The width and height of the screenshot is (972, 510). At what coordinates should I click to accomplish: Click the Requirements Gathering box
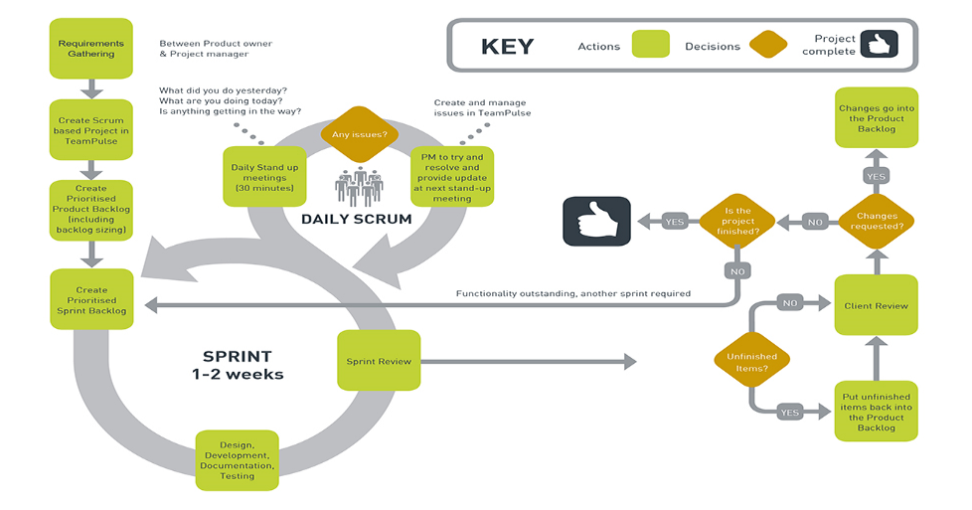tap(90, 49)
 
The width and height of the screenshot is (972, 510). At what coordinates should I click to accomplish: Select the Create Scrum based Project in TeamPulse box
tap(90, 128)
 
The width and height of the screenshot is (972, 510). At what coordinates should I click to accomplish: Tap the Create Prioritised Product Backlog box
tap(90, 209)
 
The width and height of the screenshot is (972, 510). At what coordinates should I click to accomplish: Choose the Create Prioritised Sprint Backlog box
tap(90, 299)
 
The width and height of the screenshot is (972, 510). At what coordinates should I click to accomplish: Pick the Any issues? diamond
tap(359, 132)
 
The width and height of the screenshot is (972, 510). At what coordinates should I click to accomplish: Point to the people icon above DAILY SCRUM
tap(359, 187)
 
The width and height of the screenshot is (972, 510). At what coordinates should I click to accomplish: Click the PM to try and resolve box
tap(453, 177)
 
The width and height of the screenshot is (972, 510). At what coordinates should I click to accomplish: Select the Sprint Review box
tap(379, 362)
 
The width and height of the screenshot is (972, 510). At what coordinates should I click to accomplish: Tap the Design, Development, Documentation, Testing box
tap(238, 460)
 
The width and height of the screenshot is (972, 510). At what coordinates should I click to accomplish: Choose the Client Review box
tap(876, 305)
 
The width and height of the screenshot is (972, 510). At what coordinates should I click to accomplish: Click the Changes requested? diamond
tap(877, 220)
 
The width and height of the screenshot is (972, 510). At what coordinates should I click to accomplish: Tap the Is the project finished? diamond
tap(738, 221)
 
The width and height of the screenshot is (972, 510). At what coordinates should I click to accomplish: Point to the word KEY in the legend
tap(507, 47)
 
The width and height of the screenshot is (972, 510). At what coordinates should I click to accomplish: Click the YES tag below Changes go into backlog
tap(877, 176)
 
